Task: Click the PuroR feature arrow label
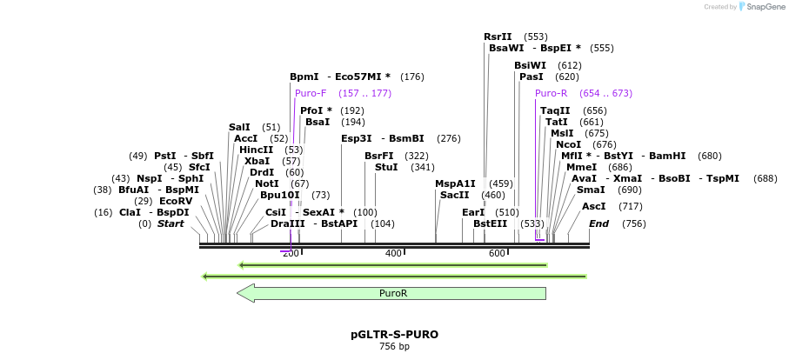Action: pos(393,293)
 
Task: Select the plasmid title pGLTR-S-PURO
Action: pos(394,334)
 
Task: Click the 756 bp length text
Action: pos(394,346)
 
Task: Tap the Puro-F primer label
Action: pos(311,93)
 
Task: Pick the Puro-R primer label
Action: pos(551,93)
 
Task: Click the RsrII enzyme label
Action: pos(498,37)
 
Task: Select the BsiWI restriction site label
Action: pos(530,65)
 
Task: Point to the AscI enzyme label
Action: pos(593,206)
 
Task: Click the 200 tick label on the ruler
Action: pos(291,253)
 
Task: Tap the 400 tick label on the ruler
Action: pos(393,253)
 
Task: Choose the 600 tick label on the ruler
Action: pos(497,253)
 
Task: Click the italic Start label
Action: pos(171,223)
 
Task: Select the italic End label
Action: pos(598,223)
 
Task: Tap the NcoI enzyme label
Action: pos(568,144)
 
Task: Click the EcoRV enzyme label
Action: pos(175,201)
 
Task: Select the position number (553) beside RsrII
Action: pos(536,37)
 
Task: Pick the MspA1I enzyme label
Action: pos(455,183)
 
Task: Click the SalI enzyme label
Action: pos(239,127)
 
